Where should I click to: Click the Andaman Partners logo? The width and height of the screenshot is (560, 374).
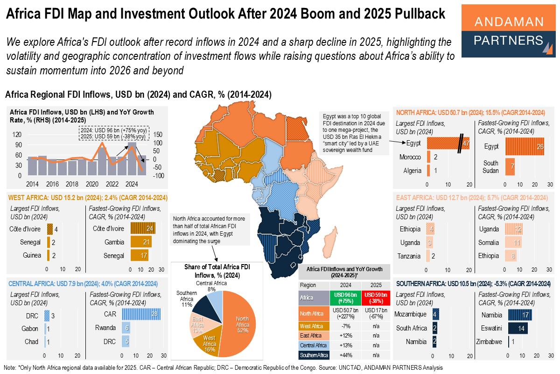[x=508, y=30]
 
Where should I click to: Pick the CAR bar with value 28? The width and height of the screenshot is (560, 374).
[x=141, y=314]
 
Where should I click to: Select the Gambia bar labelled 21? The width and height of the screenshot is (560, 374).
[x=141, y=242]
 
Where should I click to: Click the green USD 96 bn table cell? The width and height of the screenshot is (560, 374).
[x=345, y=298]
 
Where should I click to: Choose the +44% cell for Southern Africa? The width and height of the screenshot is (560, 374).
[x=345, y=356]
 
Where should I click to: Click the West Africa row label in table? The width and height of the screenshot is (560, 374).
[x=312, y=325]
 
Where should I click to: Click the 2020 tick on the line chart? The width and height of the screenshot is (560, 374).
[x=92, y=184]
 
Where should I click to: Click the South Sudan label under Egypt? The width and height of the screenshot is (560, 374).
[x=491, y=167]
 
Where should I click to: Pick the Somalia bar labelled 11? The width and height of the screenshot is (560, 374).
[x=513, y=243]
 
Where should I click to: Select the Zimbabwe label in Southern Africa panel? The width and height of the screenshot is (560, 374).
[x=489, y=342]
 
